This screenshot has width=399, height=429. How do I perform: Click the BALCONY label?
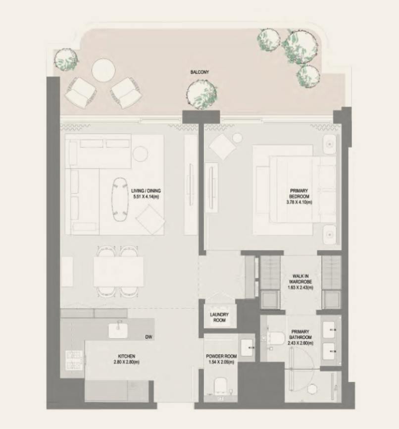click(x=199, y=72)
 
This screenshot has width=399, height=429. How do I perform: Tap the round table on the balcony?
click(x=103, y=70)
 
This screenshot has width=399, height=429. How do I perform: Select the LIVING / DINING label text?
click(x=146, y=191)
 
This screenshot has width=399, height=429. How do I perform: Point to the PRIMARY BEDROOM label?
click(x=299, y=193)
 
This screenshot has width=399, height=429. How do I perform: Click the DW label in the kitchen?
click(x=149, y=337)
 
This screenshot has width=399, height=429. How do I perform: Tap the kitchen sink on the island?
click(x=118, y=331)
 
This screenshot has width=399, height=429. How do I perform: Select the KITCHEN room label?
click(x=127, y=356)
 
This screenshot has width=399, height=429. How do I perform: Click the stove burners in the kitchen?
click(x=74, y=360)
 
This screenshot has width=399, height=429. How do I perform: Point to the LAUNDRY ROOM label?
click(x=219, y=317)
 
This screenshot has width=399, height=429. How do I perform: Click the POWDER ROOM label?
click(x=221, y=356)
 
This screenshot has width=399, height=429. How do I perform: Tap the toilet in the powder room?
click(x=221, y=386)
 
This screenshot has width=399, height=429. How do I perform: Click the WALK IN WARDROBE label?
click(x=300, y=279)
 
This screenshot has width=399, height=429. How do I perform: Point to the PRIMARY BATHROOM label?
click(x=300, y=334)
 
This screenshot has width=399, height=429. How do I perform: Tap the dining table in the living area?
click(x=118, y=271)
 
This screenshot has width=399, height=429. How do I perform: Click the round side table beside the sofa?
click(x=140, y=154)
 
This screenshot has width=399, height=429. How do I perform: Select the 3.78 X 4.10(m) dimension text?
click(x=299, y=202)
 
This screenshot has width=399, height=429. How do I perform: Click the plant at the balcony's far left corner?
click(x=66, y=59)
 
